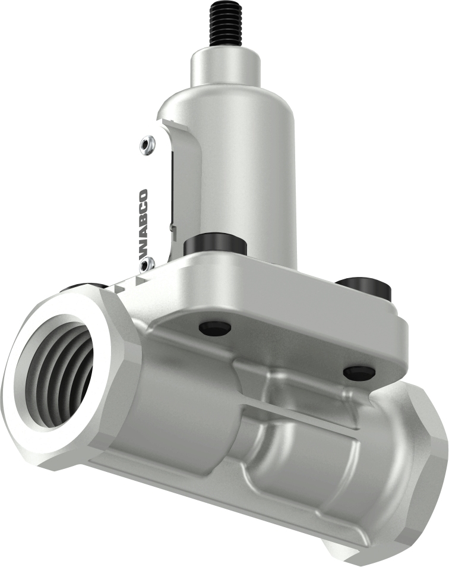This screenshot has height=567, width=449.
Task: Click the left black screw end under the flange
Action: [214, 327]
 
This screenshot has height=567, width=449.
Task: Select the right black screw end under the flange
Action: [359, 373]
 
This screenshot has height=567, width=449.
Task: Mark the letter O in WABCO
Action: [143, 196]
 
